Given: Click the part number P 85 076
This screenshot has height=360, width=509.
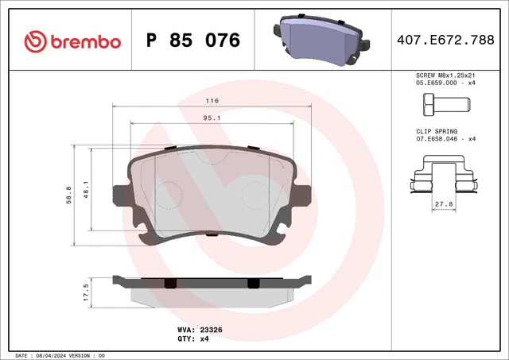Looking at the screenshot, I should coord(193,40).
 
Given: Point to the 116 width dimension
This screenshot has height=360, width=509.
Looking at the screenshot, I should coord(212,101).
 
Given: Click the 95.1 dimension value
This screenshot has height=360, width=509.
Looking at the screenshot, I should coord(212,118).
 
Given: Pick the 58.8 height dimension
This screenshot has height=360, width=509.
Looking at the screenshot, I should coord(70,194).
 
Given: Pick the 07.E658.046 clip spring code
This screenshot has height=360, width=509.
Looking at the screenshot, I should coord(437,138).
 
